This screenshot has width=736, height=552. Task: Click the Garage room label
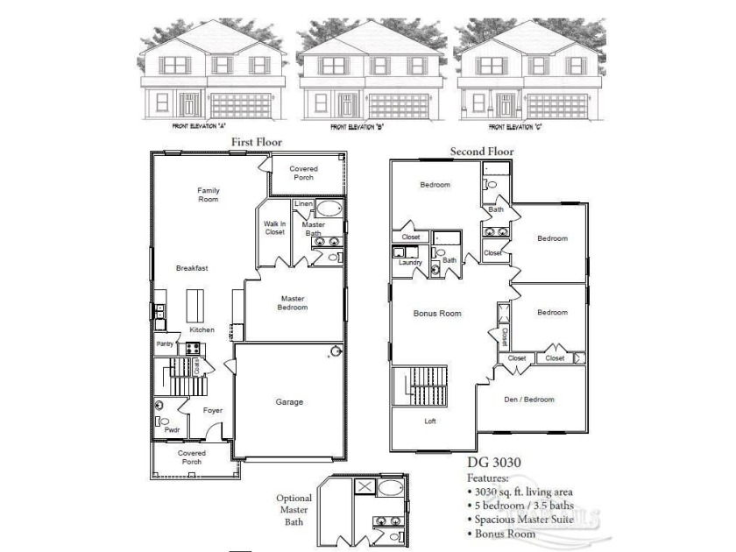[290, 402]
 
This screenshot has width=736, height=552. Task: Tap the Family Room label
[209, 195]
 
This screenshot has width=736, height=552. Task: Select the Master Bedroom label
[293, 303]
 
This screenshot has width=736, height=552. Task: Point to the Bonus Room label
[437, 313]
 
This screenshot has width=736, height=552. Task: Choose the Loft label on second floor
[431, 421]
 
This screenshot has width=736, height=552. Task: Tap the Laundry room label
[410, 262]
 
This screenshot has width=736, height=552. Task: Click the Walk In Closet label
[275, 228]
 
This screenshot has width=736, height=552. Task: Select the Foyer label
[213, 410]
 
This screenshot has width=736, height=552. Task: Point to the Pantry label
[165, 344]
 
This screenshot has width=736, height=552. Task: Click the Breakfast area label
[191, 268]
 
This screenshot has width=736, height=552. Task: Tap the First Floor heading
[256, 141]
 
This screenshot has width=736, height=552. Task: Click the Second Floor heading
[482, 152]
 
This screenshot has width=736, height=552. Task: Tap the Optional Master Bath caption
[294, 510]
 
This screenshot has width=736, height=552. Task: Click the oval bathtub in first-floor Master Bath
[329, 209]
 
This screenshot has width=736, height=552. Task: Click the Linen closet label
[303, 204]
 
